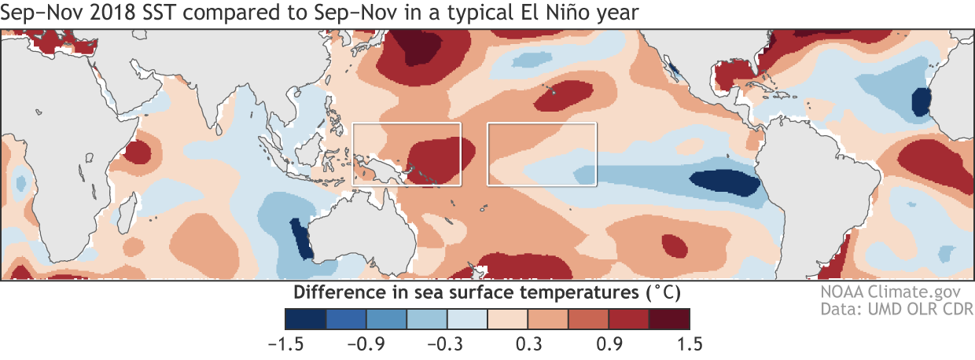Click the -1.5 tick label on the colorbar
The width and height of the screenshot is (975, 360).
tap(284, 343)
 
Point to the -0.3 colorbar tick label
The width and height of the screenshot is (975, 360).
tap(445, 343)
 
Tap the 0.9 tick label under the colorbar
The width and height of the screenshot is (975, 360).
tap(608, 343)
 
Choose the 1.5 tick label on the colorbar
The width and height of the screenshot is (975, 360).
tap(689, 343)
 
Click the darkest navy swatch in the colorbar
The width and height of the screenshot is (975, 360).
tap(304, 318)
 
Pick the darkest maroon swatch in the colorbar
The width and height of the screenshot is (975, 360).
tap(669, 318)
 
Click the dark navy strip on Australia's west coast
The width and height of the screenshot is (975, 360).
tap(302, 240)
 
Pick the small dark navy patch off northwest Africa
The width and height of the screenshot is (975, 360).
tap(920, 101)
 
